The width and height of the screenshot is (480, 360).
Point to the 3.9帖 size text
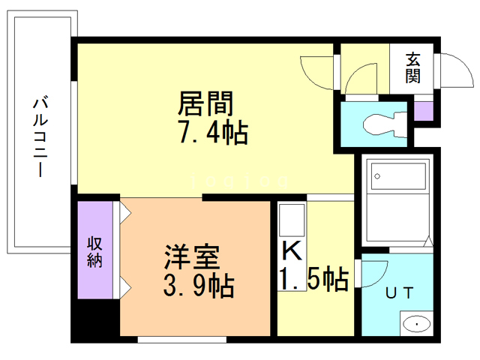(197, 285)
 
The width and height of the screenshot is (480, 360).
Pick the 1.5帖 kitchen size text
(313, 279)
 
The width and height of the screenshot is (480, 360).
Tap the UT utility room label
(397, 293)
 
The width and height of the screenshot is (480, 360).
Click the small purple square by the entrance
(424, 110)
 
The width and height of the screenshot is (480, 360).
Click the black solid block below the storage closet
(95, 320)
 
